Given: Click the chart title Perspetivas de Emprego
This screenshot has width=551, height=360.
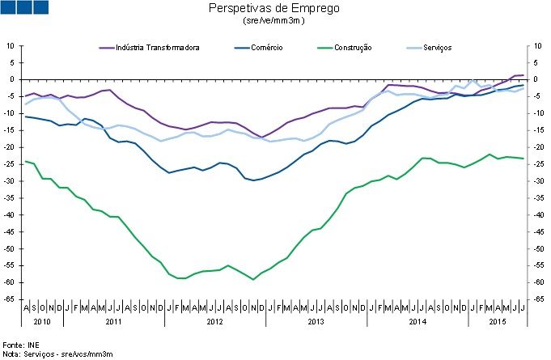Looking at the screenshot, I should pyautogui.click(x=274, y=8).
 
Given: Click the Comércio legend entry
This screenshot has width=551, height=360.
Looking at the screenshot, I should pyautogui.click(x=263, y=48).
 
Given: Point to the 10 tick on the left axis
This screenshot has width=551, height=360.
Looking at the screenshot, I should pyautogui.click(x=11, y=45).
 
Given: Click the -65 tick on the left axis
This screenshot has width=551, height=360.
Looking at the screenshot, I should pyautogui.click(x=10, y=299).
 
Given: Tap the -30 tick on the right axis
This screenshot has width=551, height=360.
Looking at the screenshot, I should pyautogui.click(x=536, y=181).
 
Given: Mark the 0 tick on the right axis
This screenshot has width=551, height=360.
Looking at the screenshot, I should pyautogui.click(x=534, y=79).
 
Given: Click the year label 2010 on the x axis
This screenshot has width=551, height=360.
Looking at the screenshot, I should pyautogui.click(x=41, y=322).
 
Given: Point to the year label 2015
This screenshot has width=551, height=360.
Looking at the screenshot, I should pyautogui.click(x=498, y=322).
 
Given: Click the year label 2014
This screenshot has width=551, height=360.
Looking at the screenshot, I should pyautogui.click(x=417, y=322).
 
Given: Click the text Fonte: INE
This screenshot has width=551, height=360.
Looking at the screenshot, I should pyautogui.click(x=19, y=345).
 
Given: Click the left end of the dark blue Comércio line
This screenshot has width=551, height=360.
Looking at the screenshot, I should pyautogui.click(x=26, y=116).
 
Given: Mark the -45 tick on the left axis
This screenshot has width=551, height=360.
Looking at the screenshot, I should pyautogui.click(x=10, y=232).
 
